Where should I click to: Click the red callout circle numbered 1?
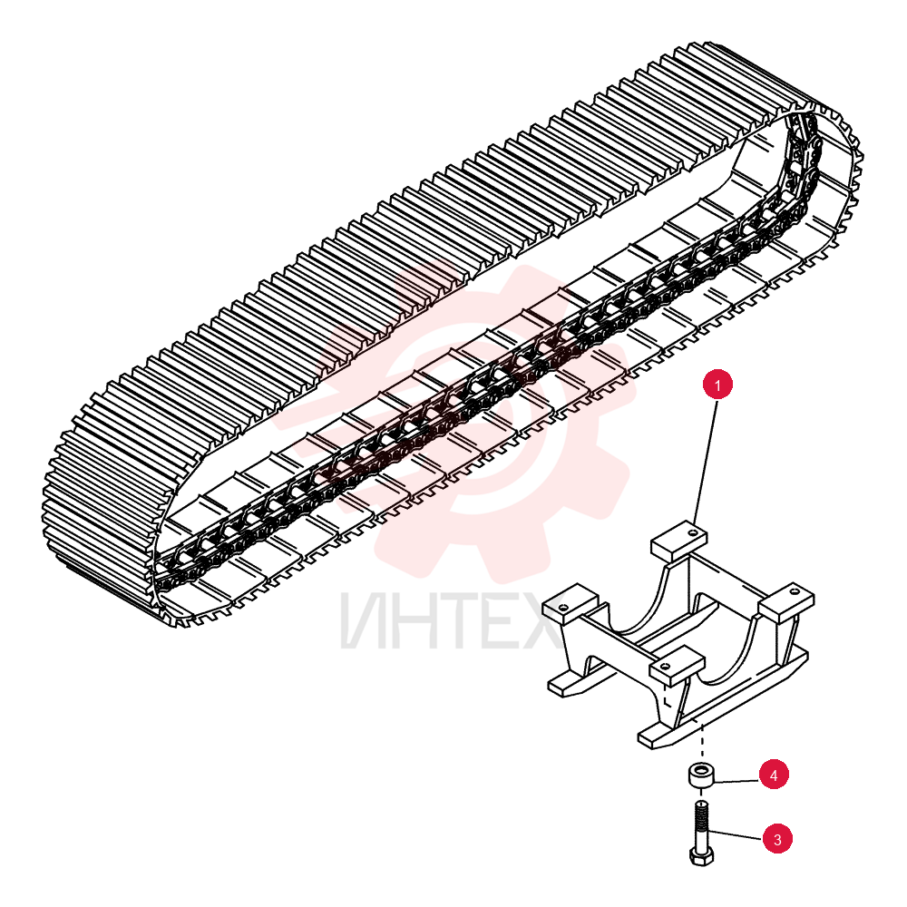click(x=717, y=385)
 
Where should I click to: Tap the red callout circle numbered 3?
click(x=777, y=839)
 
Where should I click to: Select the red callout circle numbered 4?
click(x=774, y=775)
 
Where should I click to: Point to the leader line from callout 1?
click(x=706, y=462)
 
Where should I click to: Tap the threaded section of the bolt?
click(x=701, y=817)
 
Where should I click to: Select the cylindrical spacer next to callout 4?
click(x=702, y=775)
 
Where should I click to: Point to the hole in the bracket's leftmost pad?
click(x=561, y=607)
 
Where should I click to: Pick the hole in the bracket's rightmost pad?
click(x=799, y=592)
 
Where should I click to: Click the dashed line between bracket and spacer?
click(x=702, y=742)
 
